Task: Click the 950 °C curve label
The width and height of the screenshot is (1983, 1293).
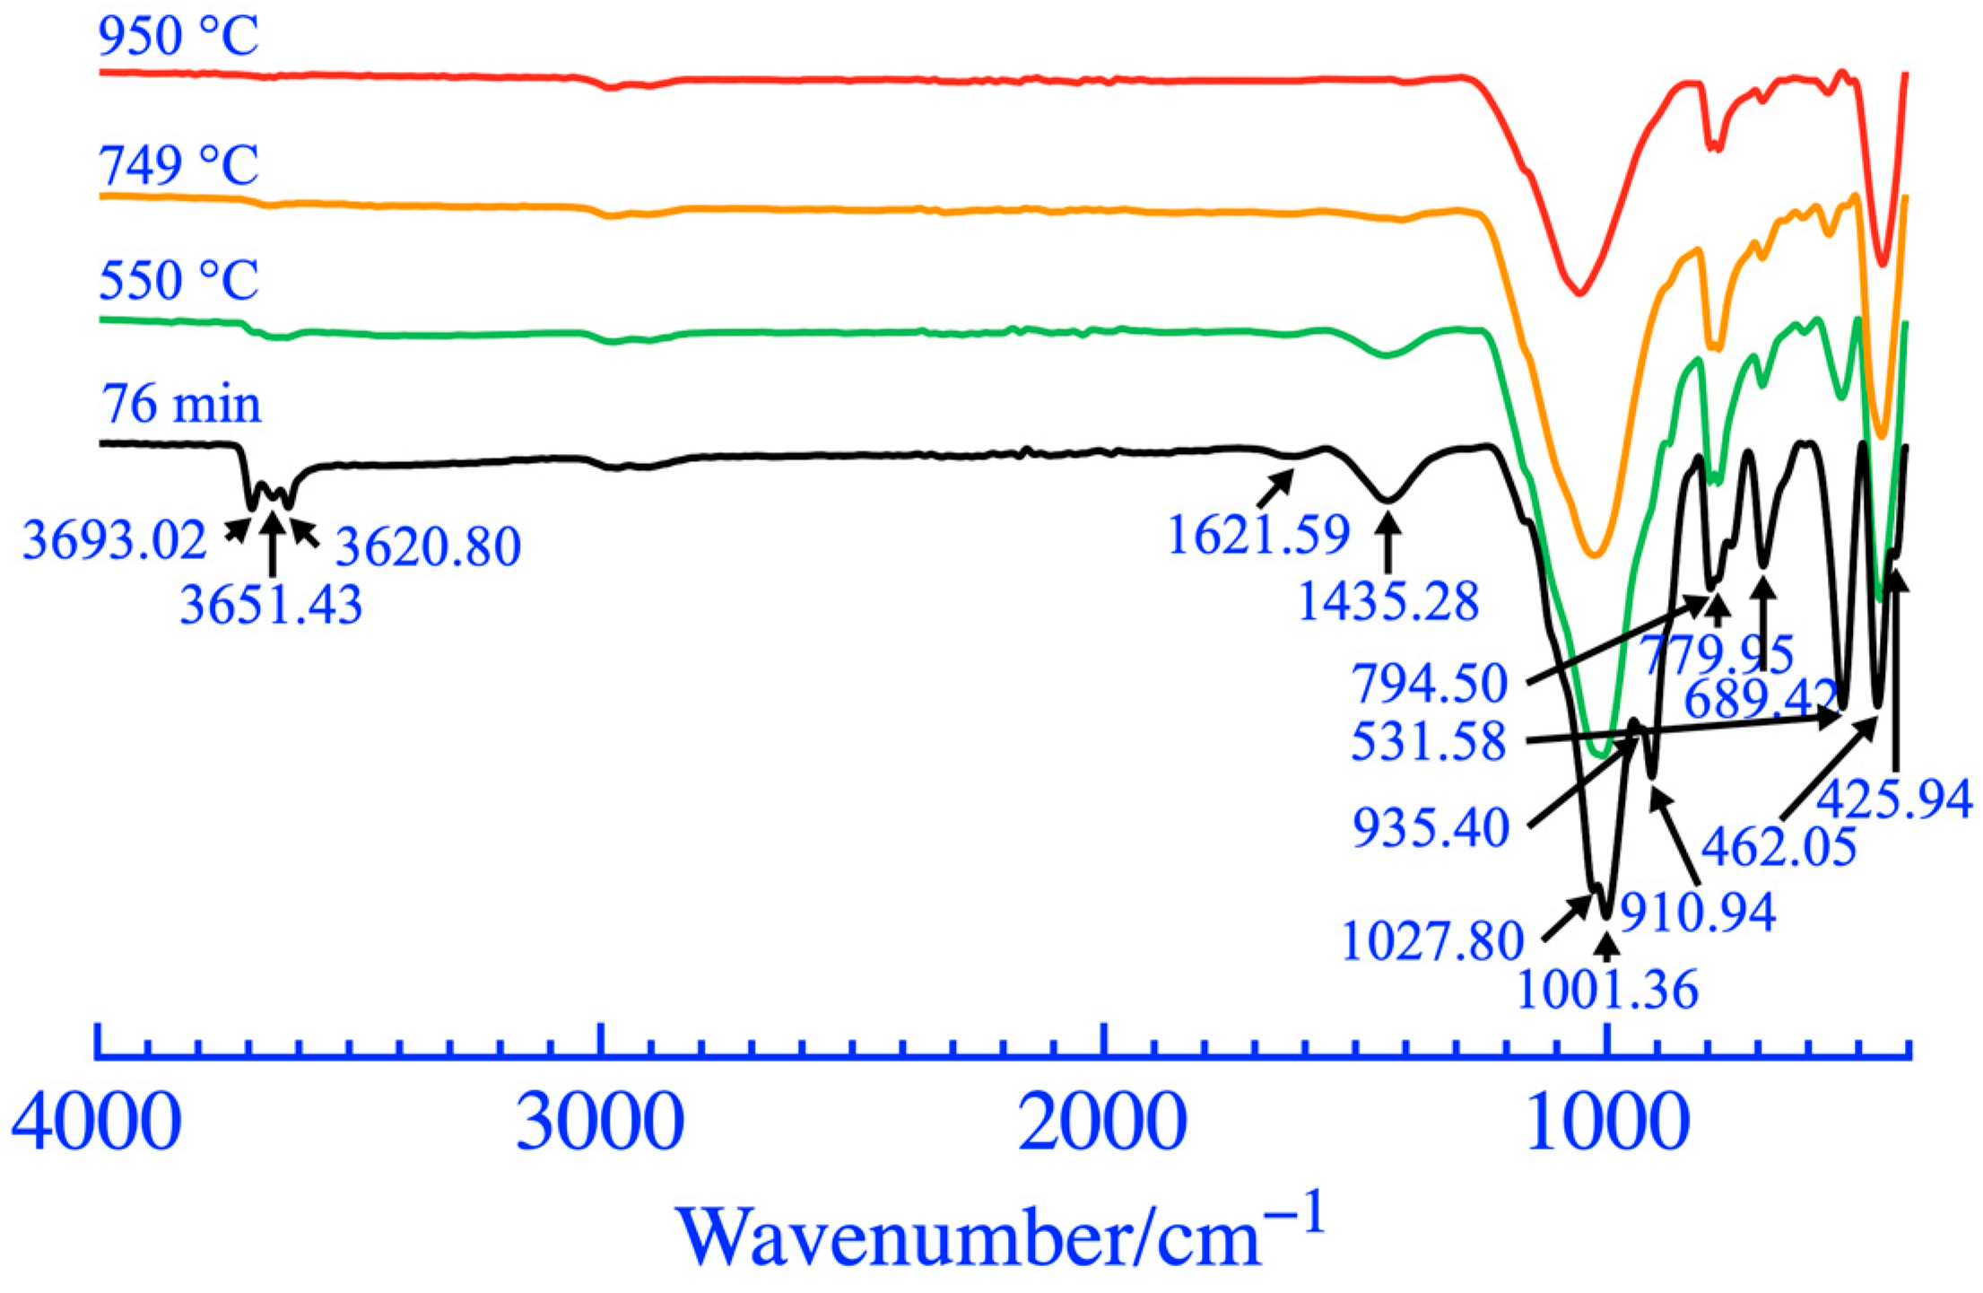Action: (x=178, y=37)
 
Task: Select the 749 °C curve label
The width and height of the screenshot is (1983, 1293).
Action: (x=178, y=166)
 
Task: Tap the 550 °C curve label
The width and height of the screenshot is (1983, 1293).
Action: (x=178, y=281)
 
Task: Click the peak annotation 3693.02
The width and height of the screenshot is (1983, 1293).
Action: (x=114, y=541)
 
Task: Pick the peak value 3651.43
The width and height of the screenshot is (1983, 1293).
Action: (x=271, y=604)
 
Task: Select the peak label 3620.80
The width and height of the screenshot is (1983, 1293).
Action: (x=428, y=546)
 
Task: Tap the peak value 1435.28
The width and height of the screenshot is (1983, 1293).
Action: (x=1387, y=601)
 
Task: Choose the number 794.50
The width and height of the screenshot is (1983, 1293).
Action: (x=1430, y=684)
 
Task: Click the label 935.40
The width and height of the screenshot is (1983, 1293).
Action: (x=1431, y=827)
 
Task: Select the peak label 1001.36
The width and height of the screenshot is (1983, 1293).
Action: (x=1607, y=990)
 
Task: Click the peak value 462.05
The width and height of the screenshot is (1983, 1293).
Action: (x=1779, y=846)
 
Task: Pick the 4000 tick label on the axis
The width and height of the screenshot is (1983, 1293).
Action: (x=96, y=1123)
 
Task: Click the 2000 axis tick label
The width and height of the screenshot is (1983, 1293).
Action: (x=1102, y=1123)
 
